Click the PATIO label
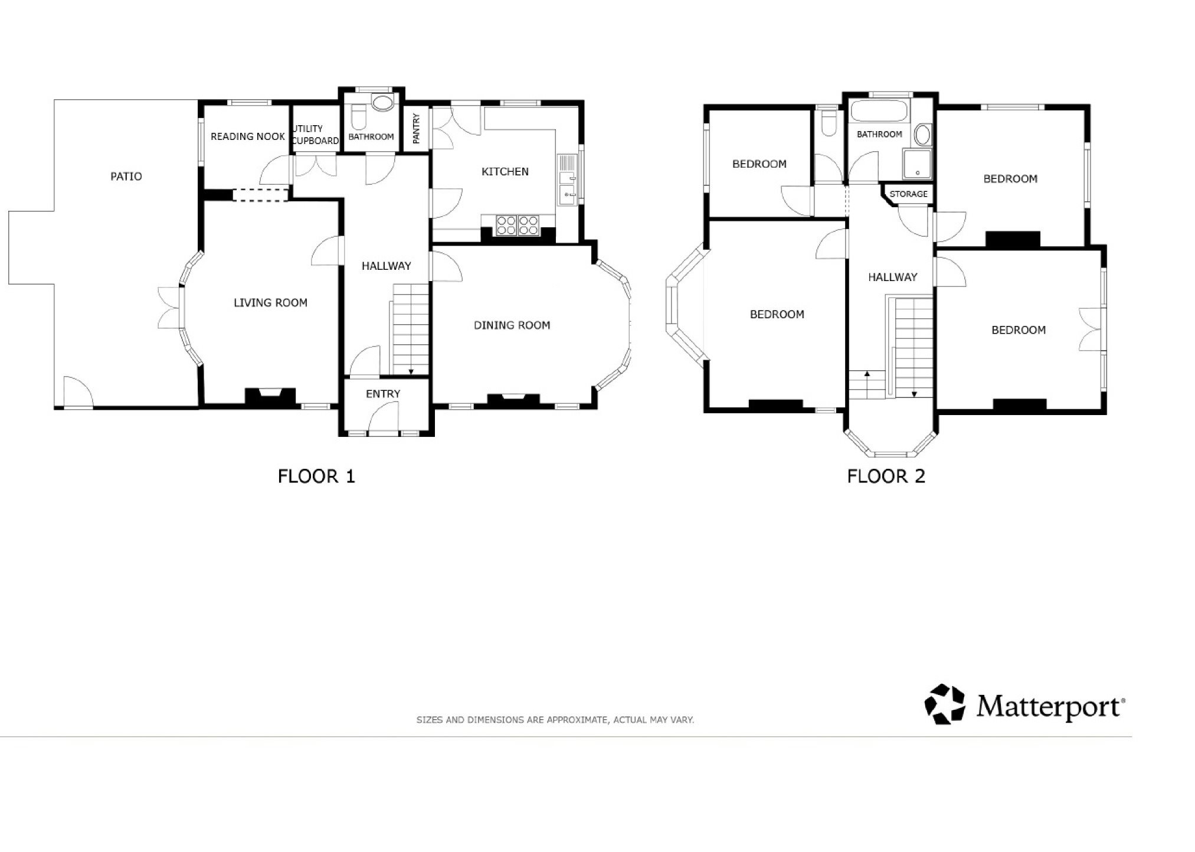[x=126, y=177]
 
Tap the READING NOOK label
[x=248, y=136]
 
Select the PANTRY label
[x=416, y=129]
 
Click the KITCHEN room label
[x=505, y=172]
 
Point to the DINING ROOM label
[x=512, y=325]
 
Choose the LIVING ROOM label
[x=270, y=303]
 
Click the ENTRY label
[x=383, y=394]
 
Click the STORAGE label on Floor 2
[x=908, y=194]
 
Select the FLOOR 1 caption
[x=316, y=476]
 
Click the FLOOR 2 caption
[x=886, y=476]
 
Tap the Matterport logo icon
[x=944, y=704]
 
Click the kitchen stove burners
[x=518, y=226]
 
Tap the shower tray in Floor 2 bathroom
[x=917, y=164]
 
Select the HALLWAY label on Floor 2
[x=892, y=277]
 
